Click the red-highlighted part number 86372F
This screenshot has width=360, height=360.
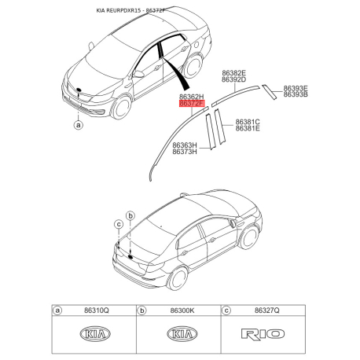point(192,104)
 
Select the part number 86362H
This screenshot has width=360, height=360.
point(192,97)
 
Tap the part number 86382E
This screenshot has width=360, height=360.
point(234,73)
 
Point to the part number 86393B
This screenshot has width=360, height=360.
point(296,94)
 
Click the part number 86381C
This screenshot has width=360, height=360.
point(248,122)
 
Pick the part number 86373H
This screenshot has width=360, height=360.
point(185,152)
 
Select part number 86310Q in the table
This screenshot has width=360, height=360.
point(97,310)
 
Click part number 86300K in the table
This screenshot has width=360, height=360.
point(182,310)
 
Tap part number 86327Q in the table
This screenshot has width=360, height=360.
point(267,310)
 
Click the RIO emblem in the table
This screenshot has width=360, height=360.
point(263,335)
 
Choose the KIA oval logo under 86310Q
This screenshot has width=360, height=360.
point(95,334)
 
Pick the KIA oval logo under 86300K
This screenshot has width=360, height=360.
point(182,334)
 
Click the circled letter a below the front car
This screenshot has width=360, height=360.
point(78,125)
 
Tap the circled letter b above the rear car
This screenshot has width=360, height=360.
point(130,216)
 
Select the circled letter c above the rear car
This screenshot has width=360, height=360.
point(119,224)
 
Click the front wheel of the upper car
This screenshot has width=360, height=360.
point(121,107)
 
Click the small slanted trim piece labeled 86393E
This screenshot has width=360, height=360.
point(269,92)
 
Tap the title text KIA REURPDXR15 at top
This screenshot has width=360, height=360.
point(119,11)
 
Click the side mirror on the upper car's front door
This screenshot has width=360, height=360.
point(138,74)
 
